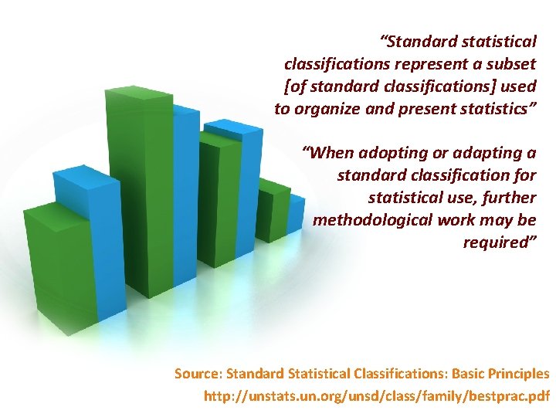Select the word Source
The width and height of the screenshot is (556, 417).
click(x=198, y=374)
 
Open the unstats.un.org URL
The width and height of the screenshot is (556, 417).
click(x=376, y=397)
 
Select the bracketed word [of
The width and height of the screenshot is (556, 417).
click(x=296, y=85)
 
